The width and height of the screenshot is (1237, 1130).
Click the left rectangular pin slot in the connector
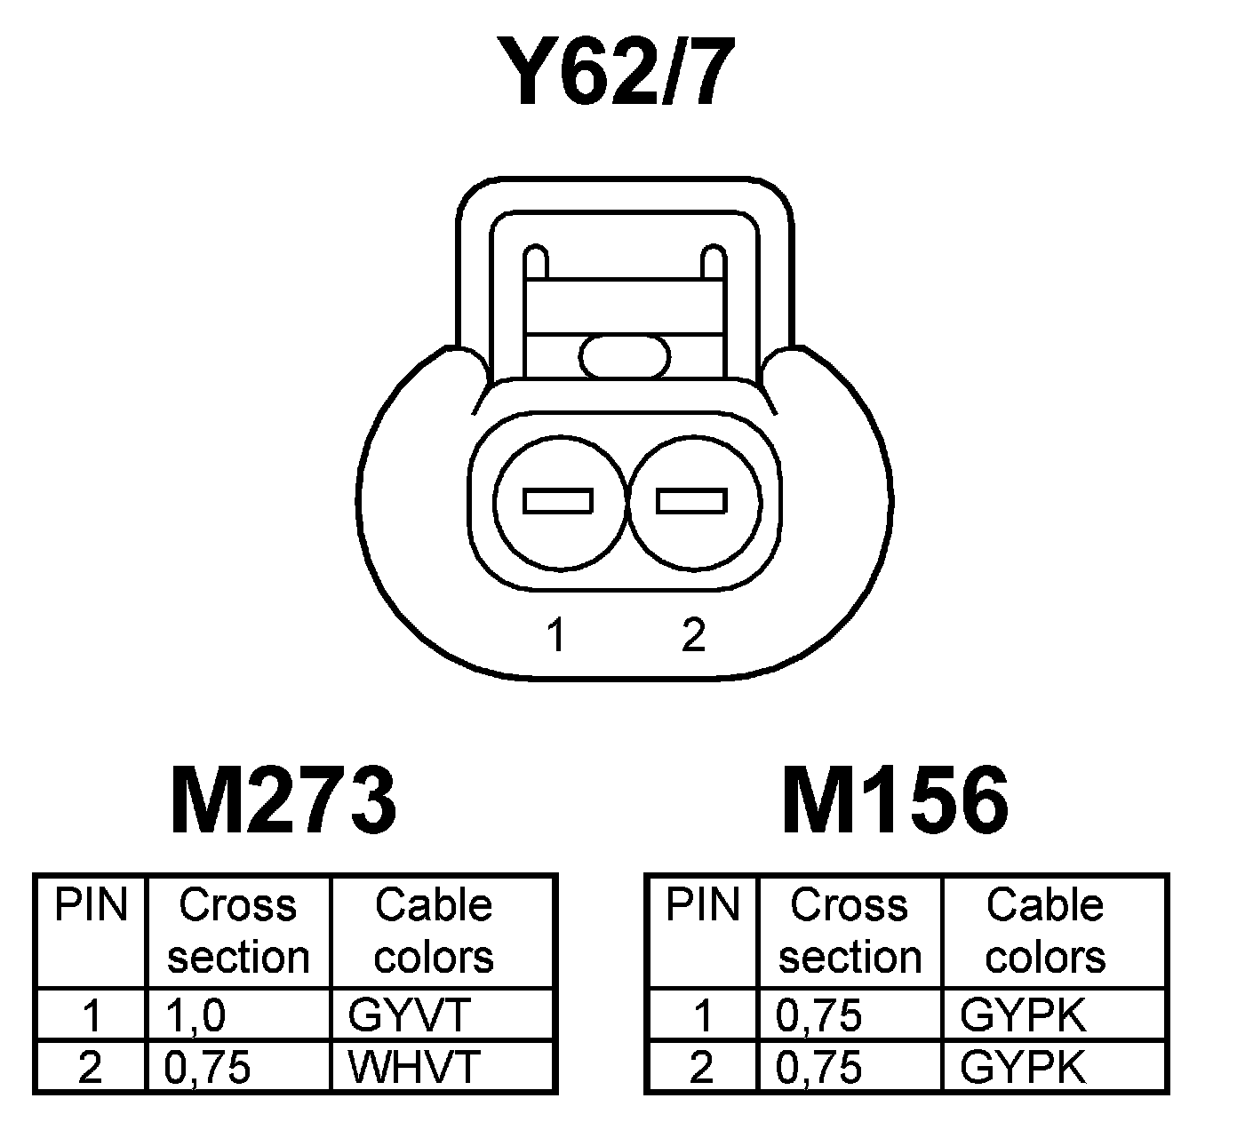pos(558,501)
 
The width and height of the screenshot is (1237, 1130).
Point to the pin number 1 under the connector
pos(556,636)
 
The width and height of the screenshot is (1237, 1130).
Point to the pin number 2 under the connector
pos(693,636)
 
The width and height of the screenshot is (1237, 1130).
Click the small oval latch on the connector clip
pos(625,357)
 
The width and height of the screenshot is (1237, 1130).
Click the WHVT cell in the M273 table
pos(414,1067)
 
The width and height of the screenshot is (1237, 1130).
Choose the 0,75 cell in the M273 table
pos(207,1067)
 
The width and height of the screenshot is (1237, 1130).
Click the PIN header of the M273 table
pos(91,906)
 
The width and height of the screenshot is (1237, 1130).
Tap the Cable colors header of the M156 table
pos(1045,931)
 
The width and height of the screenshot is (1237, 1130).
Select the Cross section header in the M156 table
pos(850,931)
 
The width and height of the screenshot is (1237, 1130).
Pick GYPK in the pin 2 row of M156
pos(1023,1067)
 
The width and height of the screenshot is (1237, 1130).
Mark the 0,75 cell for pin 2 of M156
pos(818,1067)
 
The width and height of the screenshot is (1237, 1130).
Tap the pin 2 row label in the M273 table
pos(91,1067)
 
